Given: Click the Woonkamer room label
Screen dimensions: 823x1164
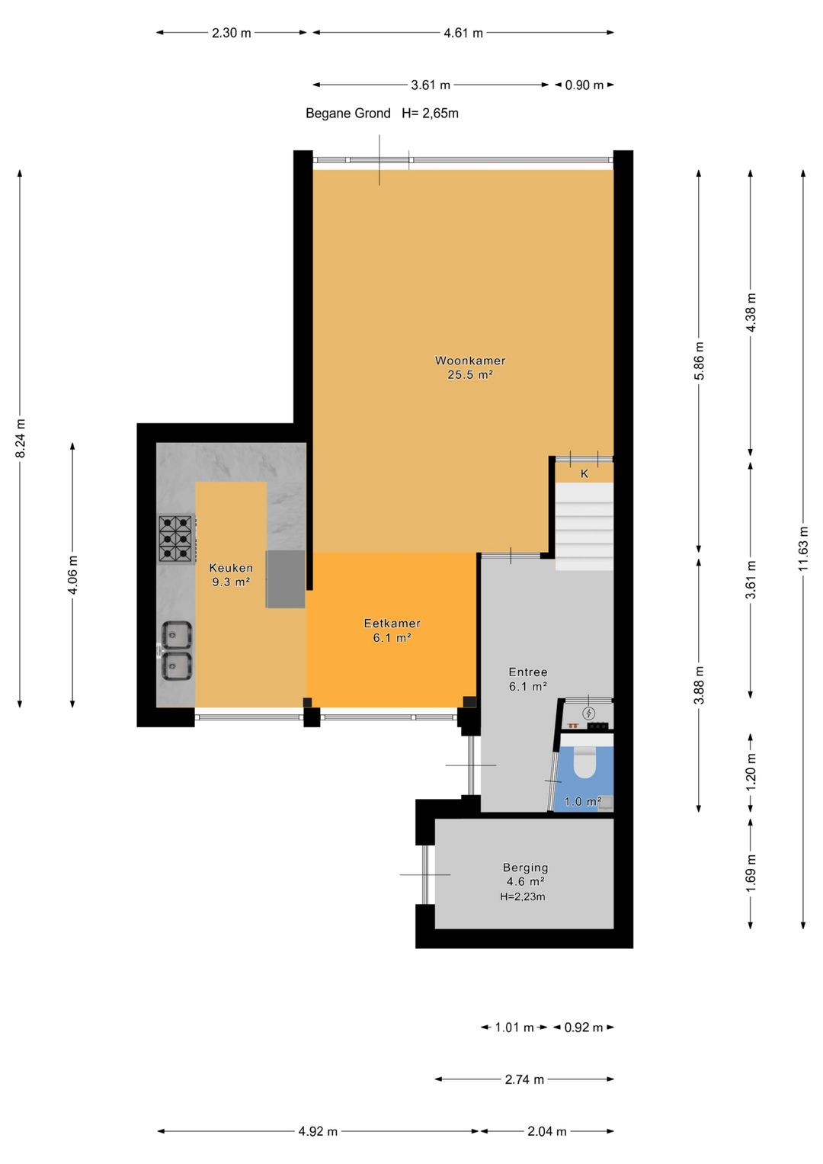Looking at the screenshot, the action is (469, 360).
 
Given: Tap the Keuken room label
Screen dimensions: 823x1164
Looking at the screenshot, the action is (231, 567).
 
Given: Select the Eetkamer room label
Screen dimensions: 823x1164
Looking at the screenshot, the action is (392, 623).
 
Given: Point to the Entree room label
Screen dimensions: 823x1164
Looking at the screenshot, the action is (528, 672).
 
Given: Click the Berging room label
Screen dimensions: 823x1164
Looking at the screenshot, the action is (525, 867).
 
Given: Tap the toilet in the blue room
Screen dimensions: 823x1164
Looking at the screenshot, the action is (584, 762).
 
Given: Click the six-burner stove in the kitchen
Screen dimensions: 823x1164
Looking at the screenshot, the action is (177, 538).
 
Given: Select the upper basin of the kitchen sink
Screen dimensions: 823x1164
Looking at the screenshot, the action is (177, 634).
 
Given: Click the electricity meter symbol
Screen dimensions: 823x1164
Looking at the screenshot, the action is (588, 713).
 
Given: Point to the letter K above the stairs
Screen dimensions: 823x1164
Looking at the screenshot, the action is (584, 473).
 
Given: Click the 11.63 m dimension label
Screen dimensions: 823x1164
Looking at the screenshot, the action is (803, 548).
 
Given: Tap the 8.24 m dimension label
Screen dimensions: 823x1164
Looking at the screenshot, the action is (21, 438).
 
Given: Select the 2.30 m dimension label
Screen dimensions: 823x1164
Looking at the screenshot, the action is (231, 33).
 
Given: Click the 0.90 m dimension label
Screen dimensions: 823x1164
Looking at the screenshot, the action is (584, 85).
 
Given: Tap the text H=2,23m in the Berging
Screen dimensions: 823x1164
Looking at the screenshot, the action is (523, 896).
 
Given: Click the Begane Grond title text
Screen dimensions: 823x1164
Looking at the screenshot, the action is (347, 114).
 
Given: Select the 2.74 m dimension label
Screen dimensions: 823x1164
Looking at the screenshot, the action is (524, 1079).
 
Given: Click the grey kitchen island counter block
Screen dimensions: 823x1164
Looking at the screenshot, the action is (285, 579).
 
